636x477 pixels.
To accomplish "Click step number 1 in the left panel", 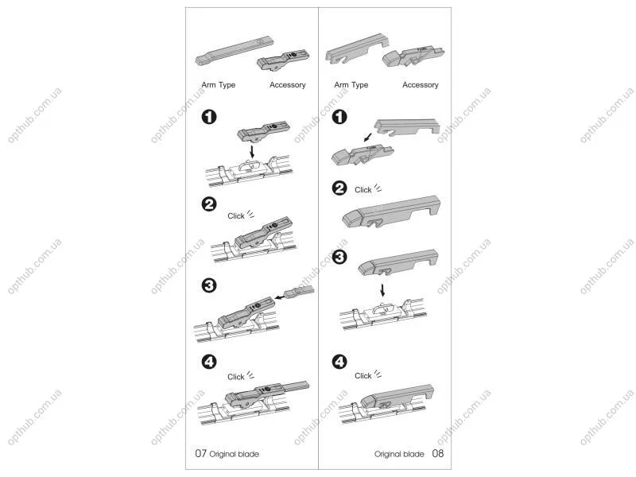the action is click(209, 117).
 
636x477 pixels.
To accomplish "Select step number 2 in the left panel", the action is click(209, 204).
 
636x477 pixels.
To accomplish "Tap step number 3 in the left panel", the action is click(209, 285).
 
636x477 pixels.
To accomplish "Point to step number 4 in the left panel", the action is click(209, 362).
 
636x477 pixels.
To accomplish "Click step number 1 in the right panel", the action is click(339, 117).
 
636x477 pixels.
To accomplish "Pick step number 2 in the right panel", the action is click(339, 188).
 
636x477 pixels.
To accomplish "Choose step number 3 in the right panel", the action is click(339, 257).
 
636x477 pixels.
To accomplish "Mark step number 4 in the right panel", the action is click(339, 362).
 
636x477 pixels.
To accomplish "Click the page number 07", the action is click(201, 453).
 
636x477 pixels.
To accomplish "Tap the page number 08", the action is click(438, 453).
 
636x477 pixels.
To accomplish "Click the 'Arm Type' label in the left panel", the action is click(218, 85).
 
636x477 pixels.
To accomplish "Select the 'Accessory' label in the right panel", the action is click(421, 85).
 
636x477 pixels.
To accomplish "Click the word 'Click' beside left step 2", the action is click(235, 215).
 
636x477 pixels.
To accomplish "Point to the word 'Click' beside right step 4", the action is click(363, 375).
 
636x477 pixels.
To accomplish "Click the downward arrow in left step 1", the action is click(252, 152).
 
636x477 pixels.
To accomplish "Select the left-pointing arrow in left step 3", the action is click(280, 297).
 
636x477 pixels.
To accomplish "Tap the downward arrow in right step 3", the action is click(382, 290).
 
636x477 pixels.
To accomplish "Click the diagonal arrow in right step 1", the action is click(368, 138).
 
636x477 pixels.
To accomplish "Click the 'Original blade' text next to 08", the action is click(399, 454).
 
